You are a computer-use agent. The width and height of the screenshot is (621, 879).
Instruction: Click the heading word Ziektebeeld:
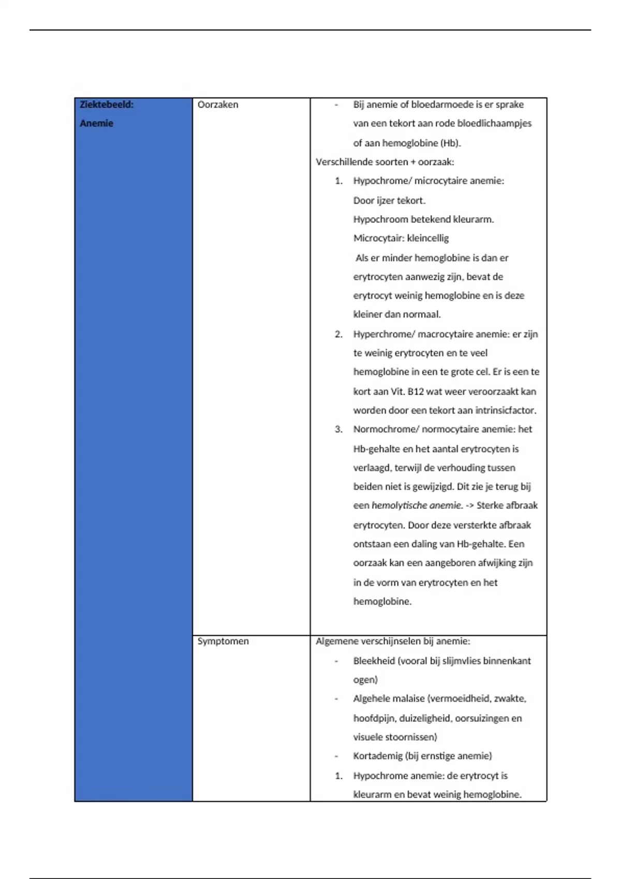[x=107, y=104]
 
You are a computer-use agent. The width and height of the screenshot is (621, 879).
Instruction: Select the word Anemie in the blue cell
[x=96, y=124]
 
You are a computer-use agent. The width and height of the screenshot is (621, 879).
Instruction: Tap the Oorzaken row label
[x=218, y=104]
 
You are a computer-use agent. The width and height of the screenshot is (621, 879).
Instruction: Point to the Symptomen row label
[x=223, y=641]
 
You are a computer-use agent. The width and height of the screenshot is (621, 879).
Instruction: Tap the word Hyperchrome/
[x=384, y=335]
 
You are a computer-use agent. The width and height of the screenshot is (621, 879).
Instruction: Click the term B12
[x=416, y=391]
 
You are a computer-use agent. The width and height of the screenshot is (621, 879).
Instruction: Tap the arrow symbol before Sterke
[x=469, y=506]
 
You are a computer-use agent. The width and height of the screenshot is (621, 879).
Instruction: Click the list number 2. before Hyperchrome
[x=338, y=335]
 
